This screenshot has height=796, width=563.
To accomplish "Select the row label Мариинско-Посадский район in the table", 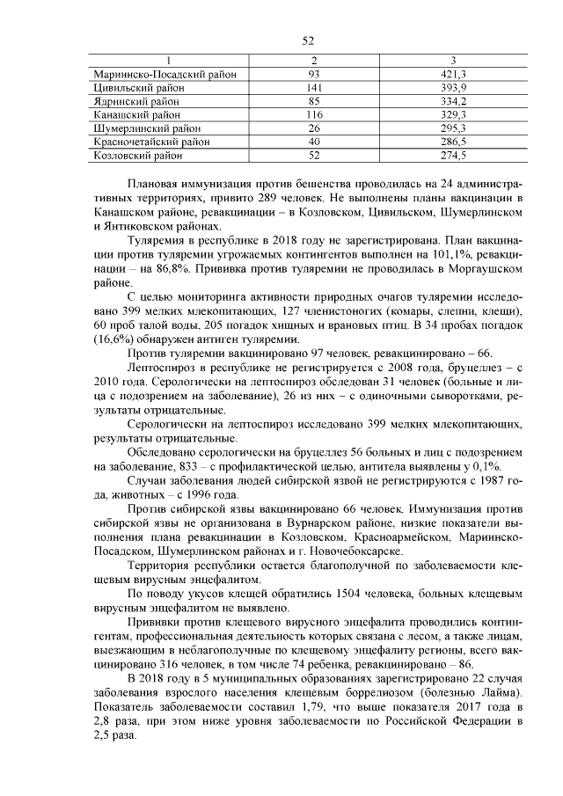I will (165, 75).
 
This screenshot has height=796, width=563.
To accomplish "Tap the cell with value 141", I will (314, 88).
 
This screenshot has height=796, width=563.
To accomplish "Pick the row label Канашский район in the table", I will (136, 114).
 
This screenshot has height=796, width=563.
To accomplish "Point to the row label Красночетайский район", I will (151, 141).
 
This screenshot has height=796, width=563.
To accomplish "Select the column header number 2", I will (314, 61).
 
